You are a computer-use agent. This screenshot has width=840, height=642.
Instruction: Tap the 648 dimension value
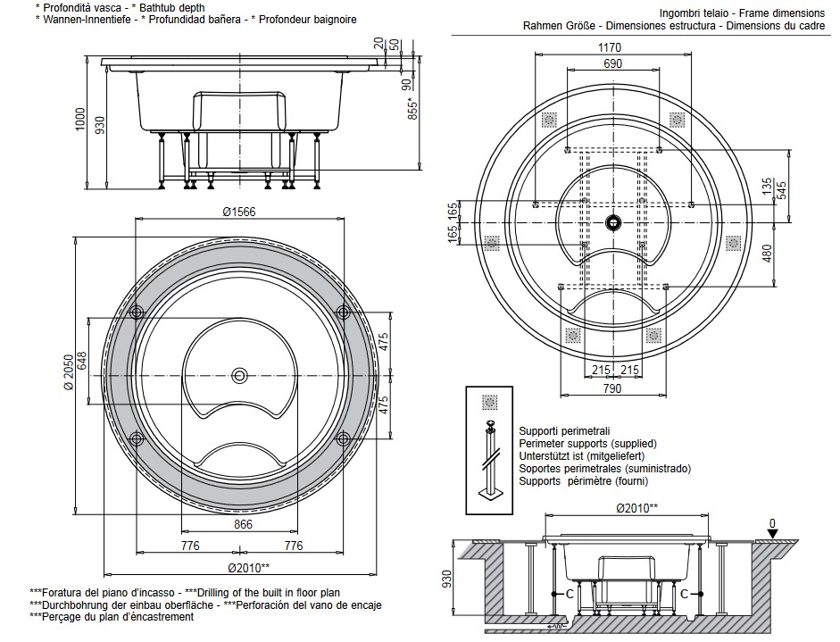click(82, 362)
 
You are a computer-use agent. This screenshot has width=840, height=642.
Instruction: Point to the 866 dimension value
click(243, 525)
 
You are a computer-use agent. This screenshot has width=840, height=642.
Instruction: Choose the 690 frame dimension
click(612, 64)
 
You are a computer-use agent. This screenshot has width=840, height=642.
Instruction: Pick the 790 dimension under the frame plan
click(612, 389)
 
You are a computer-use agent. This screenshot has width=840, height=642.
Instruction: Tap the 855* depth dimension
click(412, 110)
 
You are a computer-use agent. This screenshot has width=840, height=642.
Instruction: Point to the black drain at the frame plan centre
click(613, 221)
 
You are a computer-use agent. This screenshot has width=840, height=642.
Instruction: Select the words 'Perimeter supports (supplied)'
click(587, 443)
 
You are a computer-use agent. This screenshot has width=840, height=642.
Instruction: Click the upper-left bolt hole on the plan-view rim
click(137, 312)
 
